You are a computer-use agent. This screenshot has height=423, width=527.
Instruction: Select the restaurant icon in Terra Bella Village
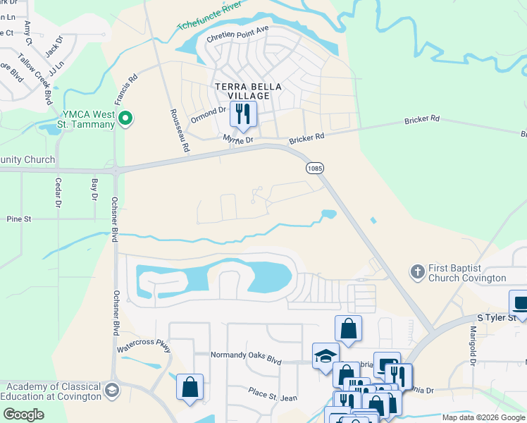click(244, 114)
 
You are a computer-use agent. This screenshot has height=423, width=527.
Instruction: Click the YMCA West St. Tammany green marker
click(125, 118)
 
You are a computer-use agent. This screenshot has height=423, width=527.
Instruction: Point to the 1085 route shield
click(314, 168)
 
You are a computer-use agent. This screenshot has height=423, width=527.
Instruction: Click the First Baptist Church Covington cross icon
click(417, 271)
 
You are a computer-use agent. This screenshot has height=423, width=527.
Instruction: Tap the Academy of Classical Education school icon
click(111, 391)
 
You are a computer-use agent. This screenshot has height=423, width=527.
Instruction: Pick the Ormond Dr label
click(211, 110)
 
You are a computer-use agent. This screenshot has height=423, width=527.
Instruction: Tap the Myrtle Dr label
click(237, 141)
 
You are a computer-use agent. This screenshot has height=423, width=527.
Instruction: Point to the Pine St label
click(19, 219)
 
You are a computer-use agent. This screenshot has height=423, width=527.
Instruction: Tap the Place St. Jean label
click(272, 393)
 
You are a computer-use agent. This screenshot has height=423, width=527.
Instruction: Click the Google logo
click(23, 415)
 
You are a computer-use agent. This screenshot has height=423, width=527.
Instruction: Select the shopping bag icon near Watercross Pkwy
click(190, 387)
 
